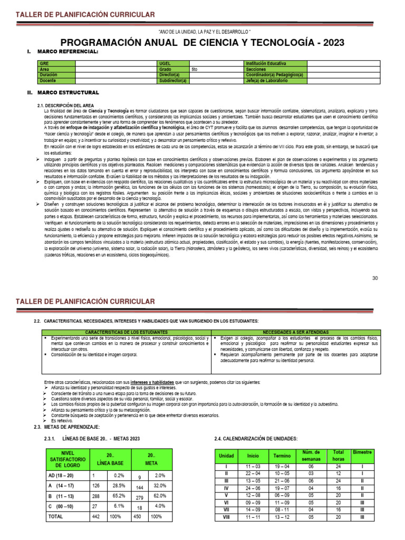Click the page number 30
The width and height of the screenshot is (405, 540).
coord(375,278)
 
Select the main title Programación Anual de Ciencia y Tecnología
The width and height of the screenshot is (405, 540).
coord(202,42)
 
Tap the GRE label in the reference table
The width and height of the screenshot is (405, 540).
coord(44,63)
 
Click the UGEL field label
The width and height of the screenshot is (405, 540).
coord(165,63)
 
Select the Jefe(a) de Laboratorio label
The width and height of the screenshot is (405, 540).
coord(267,81)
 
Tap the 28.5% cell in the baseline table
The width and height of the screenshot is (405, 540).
coord(119,485)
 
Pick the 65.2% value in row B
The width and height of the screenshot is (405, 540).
coord(119,496)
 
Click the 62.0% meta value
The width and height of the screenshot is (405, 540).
coord(160,496)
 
